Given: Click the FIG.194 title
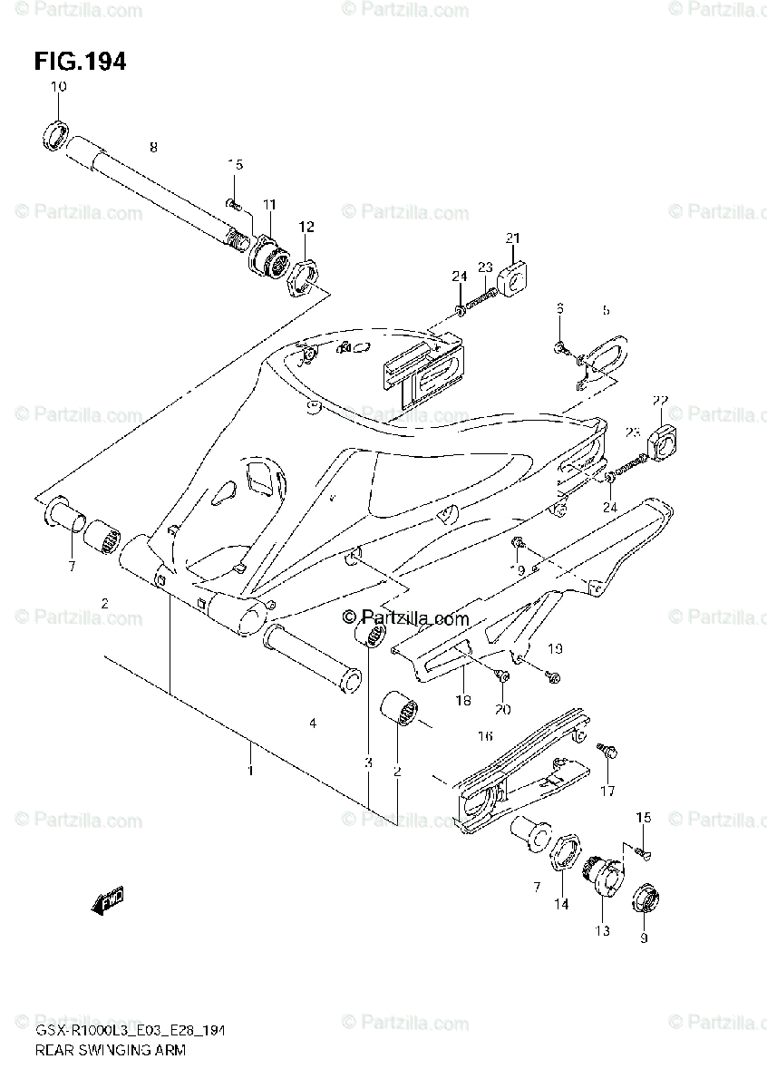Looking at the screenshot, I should [x=80, y=62].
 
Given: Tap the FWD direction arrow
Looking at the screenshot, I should [x=107, y=900].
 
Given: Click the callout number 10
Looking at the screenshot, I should [x=58, y=87].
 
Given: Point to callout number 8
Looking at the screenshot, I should [x=153, y=146].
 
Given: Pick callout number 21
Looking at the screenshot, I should [x=513, y=238].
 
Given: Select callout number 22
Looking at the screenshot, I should [x=659, y=400].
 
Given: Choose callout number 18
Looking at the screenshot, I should [x=462, y=700].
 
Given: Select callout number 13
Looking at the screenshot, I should [x=603, y=930].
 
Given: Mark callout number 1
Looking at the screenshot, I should [x=250, y=770].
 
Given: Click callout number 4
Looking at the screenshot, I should [x=312, y=723].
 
